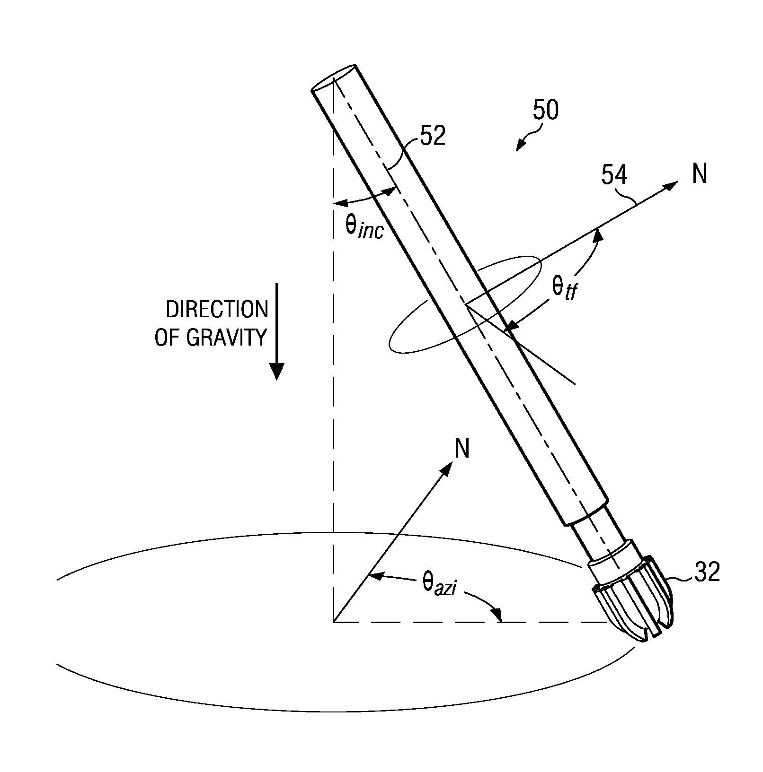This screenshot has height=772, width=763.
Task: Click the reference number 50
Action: pos(545,110)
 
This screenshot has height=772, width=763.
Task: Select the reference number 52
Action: pos(433,136)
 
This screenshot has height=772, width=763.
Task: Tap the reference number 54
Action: pos(614,175)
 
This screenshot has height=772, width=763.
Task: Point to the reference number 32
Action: pos(707,572)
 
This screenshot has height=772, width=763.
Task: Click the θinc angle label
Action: pos(363,227)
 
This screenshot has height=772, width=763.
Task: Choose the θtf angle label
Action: pos(564,288)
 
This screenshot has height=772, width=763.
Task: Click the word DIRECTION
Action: pos(217,310)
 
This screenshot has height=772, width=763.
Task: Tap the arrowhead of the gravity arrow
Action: pos(276,371)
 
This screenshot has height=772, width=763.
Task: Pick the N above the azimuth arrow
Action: pos(462,448)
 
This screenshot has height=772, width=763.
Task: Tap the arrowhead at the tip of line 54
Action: pos(671,186)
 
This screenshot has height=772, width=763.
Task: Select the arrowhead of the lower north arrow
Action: pos(446,468)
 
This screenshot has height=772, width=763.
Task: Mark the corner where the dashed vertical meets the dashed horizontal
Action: pos(334,622)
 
